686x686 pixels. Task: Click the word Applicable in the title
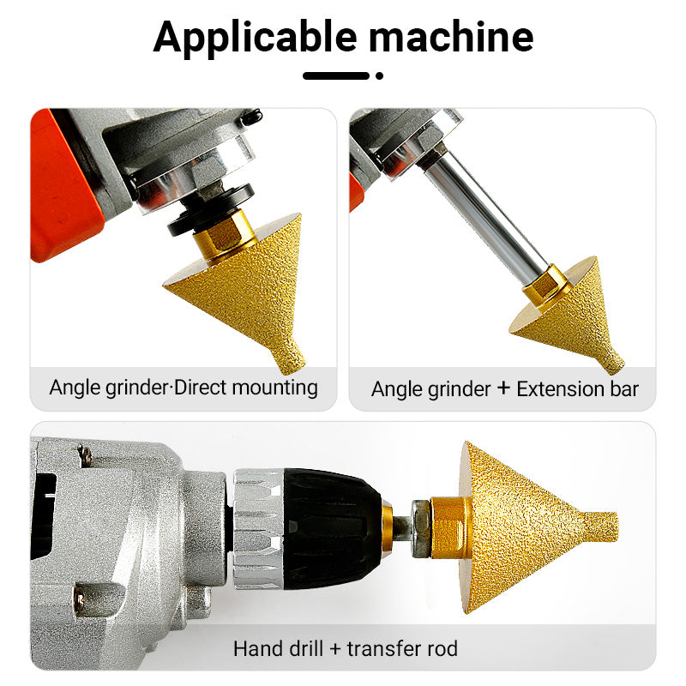(x=255, y=39)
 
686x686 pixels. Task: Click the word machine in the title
(x=451, y=37)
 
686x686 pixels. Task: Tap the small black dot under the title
(x=379, y=75)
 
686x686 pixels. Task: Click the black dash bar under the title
(x=336, y=75)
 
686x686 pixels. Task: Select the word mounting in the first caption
(x=274, y=388)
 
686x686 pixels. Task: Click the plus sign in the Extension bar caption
(x=503, y=388)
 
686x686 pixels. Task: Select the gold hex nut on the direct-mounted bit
(x=224, y=237)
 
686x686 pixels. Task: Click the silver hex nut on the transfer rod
(x=421, y=528)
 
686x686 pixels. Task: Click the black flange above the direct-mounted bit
(x=211, y=210)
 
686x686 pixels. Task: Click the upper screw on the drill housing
(x=86, y=456)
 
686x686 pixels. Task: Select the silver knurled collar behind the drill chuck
(x=259, y=528)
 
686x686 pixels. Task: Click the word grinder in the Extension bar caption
(x=459, y=390)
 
